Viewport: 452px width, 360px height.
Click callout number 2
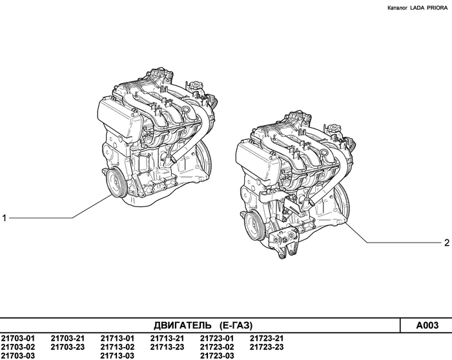click(446, 243)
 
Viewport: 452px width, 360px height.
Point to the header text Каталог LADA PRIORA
click(416, 8)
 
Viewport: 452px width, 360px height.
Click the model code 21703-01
click(18, 339)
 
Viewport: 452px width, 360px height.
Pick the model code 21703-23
click(68, 347)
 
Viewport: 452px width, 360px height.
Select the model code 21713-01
click(118, 339)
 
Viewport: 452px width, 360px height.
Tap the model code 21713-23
click(167, 347)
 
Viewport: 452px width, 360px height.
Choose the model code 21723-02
click(217, 347)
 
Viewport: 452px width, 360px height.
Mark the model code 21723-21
click(267, 339)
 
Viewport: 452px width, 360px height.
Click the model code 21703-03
click(18, 355)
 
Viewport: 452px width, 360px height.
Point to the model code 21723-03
click(217, 355)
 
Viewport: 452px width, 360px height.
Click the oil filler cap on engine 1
click(195, 86)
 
